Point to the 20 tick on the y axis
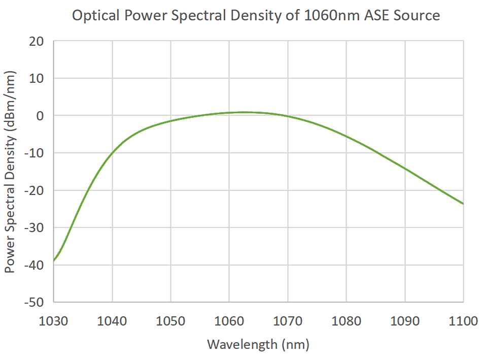37,41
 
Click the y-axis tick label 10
37,78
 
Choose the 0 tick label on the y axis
41,116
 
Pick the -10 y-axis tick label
34,153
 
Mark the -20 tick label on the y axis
34,190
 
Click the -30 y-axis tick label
34,227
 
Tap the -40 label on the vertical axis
34,265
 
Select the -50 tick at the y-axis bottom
34,302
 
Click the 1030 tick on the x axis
53,321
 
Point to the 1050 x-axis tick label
170,321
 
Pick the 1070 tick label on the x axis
288,321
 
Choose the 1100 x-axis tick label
463,321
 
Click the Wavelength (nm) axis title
258,345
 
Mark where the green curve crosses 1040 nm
112,152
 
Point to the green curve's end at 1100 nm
463,204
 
